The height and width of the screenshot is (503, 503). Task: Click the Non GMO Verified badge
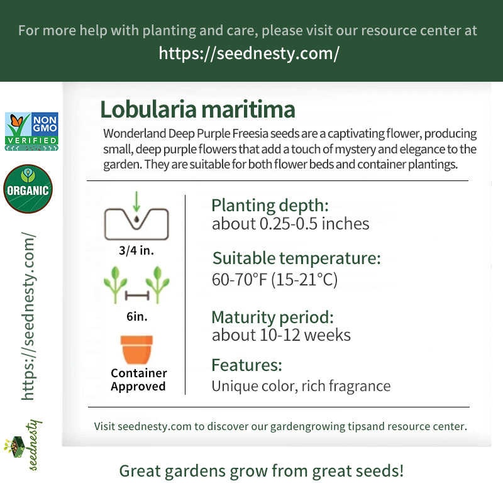pos(31,131)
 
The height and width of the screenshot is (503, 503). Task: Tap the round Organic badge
pos(28,189)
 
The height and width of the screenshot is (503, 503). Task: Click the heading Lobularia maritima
pos(197,109)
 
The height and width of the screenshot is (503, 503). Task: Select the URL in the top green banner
pos(249,53)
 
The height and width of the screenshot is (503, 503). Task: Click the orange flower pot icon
pos(136,350)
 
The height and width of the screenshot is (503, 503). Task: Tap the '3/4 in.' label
pos(136,250)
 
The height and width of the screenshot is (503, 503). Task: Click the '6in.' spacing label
pos(137,317)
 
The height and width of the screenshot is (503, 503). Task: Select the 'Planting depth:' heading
pos(270,206)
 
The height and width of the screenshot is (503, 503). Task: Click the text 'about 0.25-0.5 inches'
pos(290,224)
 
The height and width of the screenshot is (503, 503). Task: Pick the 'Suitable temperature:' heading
pos(297,258)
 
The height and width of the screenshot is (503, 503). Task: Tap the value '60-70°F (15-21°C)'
pos(275,279)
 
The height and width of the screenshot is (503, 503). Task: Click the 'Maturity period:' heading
pos(273,318)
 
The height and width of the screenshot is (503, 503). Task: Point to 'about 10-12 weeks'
pos(281,335)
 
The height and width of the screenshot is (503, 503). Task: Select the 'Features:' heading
pos(247,365)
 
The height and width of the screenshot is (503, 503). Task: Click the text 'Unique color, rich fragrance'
pos(301,386)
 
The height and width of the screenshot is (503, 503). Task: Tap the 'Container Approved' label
pos(138,380)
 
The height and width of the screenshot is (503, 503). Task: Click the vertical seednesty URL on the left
pos(28,316)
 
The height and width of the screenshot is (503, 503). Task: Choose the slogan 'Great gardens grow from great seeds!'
pos(262,471)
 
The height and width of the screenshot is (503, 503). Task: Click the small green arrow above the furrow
pos(136,202)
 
